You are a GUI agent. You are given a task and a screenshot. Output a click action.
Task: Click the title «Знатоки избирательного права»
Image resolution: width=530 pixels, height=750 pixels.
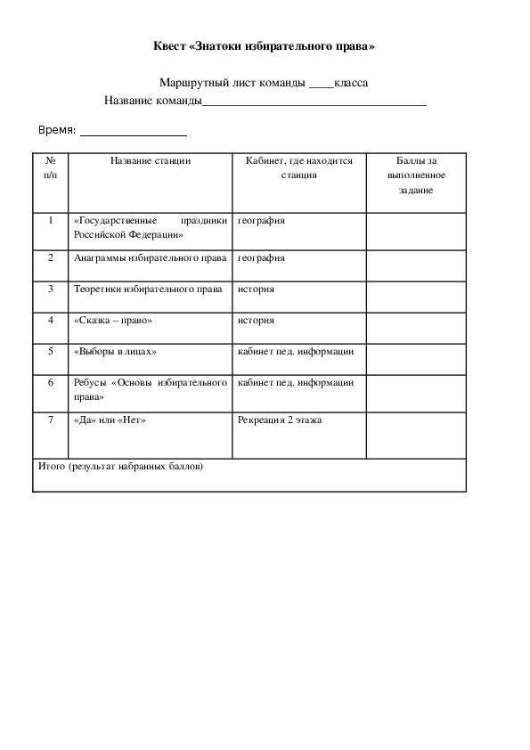pos(264,46)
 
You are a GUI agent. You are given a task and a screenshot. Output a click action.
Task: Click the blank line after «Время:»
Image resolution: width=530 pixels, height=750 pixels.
pos(134,134)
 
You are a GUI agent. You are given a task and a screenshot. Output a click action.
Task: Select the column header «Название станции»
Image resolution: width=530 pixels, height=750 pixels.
pos(151,161)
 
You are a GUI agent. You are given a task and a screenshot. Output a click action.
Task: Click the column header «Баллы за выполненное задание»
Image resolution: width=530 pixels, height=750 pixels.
pos(415,175)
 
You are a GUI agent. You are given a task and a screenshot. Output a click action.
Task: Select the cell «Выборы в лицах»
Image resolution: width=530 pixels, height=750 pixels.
pos(116,352)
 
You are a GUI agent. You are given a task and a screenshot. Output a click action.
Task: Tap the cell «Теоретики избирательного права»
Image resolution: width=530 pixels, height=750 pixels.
pos(148,289)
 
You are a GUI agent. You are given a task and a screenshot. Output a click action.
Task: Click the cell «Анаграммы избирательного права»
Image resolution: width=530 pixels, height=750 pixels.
pos(150,258)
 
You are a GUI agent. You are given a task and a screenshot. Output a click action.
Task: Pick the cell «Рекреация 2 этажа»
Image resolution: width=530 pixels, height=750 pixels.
pos(280,420)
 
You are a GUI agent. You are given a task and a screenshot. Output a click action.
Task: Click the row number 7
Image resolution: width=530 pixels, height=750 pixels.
pos(52,420)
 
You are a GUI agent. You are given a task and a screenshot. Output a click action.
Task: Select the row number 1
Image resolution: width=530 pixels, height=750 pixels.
pos(52,220)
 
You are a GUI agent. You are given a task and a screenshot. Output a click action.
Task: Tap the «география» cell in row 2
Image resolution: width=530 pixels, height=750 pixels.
pos(261,258)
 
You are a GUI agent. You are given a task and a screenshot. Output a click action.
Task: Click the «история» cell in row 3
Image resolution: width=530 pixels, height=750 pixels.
pos(256,289)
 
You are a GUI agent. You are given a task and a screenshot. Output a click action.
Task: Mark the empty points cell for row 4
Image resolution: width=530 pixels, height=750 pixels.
pos(415,327)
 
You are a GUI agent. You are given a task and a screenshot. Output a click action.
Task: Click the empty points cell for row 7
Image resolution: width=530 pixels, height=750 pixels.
pos(415,435)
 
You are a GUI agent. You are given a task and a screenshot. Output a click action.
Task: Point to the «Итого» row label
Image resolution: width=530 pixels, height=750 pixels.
pos(121,466)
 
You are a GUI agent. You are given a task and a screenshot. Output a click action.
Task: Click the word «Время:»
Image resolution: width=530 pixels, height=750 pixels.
pos(56,131)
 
